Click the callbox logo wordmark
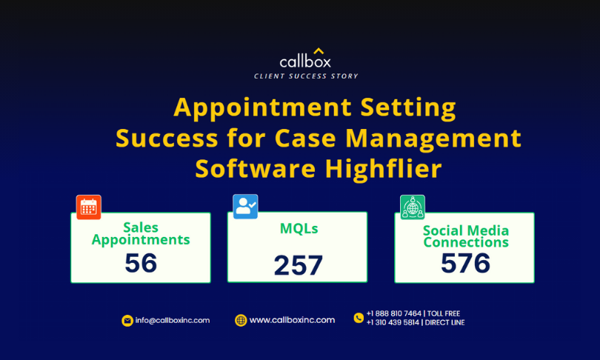pos(305,61)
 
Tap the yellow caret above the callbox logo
pos(319,50)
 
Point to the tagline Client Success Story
pos(306,76)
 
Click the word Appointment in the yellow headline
pos(262,107)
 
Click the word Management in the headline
pos(433,139)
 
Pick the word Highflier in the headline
pos(384,169)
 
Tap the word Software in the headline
pos(256,169)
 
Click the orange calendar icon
pos(89,207)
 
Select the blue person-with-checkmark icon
pos(245,207)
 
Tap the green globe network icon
pos(413,207)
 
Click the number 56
pos(141,263)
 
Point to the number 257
pos(299,265)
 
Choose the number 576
pos(465,263)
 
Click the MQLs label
pos(299,228)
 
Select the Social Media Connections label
pos(466,236)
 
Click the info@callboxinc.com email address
pos(172,320)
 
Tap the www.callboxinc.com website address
pos(292,320)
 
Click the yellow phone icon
pos(359,318)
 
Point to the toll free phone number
pos(413,313)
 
